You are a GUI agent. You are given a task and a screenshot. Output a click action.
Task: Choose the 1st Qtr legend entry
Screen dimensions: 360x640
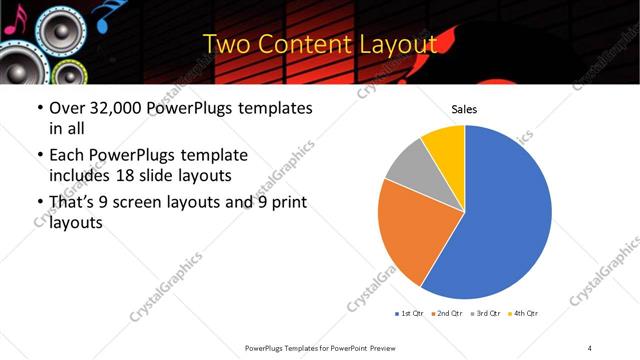coord(409,313)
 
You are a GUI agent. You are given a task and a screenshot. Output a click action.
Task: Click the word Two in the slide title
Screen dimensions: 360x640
coord(224,45)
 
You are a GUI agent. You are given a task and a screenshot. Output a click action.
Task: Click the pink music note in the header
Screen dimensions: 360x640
coord(8,25)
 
